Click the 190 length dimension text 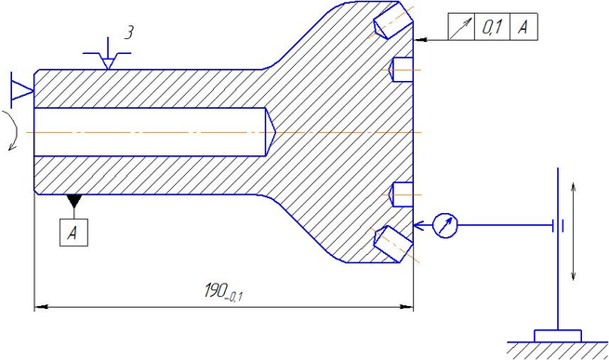[x=223, y=291]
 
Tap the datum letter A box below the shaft [x=73, y=233]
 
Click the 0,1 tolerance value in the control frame [x=492, y=27]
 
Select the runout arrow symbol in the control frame [x=462, y=26]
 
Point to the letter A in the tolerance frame [x=523, y=27]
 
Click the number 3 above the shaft [x=129, y=33]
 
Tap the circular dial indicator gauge [x=445, y=225]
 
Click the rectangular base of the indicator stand [x=558, y=336]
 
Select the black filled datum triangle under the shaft [x=73, y=200]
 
